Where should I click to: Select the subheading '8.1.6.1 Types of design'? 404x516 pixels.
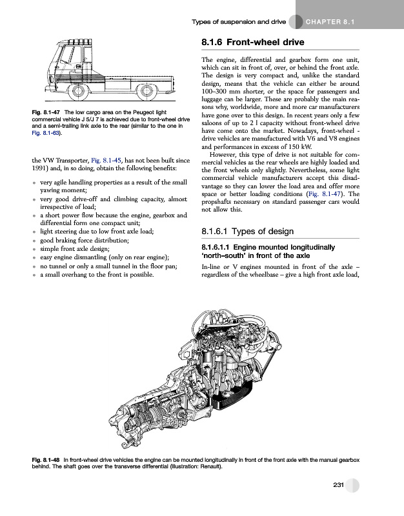pyautogui.click(x=245, y=233)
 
